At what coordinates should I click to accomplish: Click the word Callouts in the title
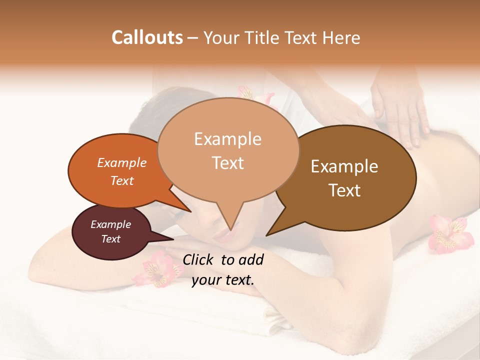(147, 37)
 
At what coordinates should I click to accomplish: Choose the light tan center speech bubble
(228, 150)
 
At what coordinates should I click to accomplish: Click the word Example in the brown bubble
(344, 166)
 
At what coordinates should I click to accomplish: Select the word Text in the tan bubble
(228, 163)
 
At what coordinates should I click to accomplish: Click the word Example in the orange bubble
(122, 162)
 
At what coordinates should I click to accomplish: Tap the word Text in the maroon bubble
(111, 239)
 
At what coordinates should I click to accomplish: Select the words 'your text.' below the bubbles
(223, 280)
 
